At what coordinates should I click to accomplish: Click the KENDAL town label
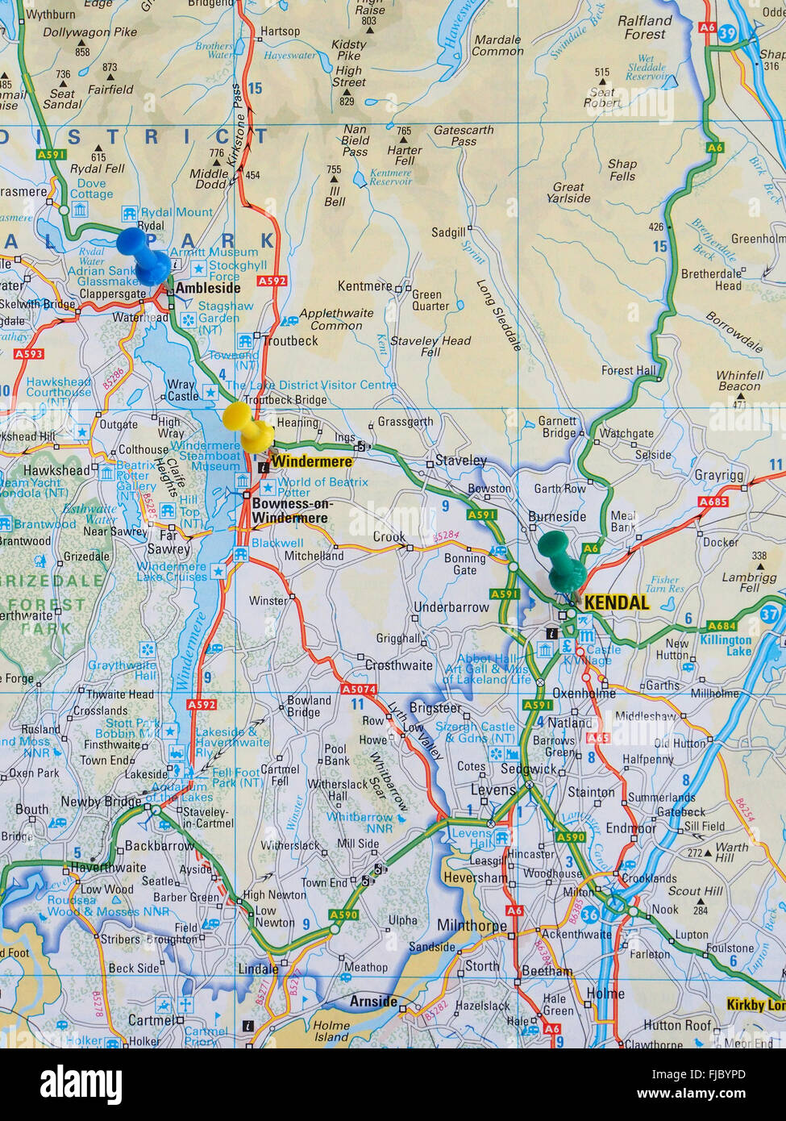pos(616,602)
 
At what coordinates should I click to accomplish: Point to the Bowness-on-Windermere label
pos(291,510)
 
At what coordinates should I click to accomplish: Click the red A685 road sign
pos(713,502)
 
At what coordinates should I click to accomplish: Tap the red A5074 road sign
pos(358,690)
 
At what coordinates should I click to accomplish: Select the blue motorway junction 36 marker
pos(590,915)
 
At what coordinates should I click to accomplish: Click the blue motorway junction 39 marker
pos(728,33)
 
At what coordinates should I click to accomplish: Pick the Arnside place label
pos(373,1001)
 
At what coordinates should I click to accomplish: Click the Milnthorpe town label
pos(472,925)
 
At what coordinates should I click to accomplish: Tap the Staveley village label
pos(460,460)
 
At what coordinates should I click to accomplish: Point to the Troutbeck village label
pos(290,340)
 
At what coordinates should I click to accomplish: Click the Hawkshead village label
pos(56,470)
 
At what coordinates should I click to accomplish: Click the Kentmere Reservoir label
pos(390,177)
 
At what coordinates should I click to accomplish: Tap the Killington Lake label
pos(726,645)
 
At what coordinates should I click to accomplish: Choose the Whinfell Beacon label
pos(739,381)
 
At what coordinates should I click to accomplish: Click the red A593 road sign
pos(28,354)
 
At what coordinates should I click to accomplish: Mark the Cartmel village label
pos(152,1019)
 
